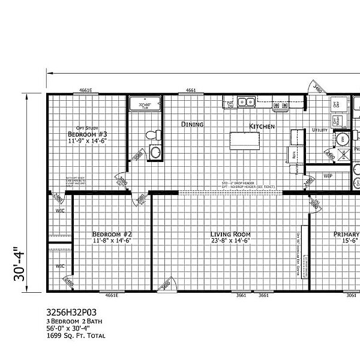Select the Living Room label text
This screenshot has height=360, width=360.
[230, 235]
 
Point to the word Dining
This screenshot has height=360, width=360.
[193, 125]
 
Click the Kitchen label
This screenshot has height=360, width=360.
[262, 127]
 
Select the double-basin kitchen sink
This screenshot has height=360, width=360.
[245, 102]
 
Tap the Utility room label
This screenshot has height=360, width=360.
[319, 130]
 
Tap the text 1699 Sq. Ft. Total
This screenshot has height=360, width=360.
[76, 336]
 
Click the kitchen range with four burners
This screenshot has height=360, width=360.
[277, 106]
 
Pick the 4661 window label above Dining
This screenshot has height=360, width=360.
[191, 91]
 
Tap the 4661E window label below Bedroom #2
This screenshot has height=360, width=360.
[111, 296]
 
